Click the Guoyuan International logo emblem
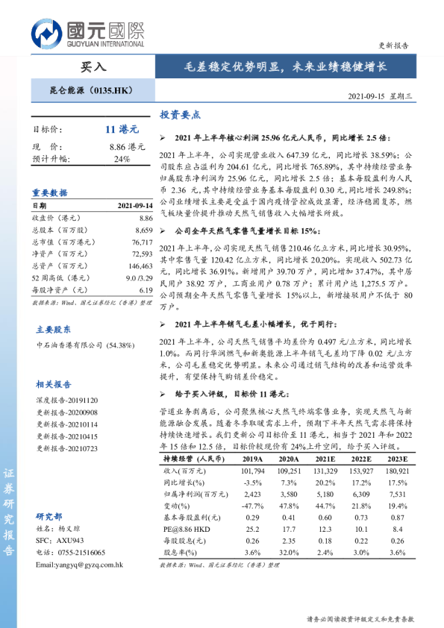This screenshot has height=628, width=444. [47, 33]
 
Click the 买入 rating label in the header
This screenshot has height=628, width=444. [93, 66]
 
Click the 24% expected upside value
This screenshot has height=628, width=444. [122, 159]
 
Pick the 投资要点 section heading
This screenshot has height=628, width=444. [181, 116]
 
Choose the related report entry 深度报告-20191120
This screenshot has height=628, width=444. [66, 400]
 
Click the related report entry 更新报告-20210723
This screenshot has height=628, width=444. [66, 448]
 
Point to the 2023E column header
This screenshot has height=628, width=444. [396, 460]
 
